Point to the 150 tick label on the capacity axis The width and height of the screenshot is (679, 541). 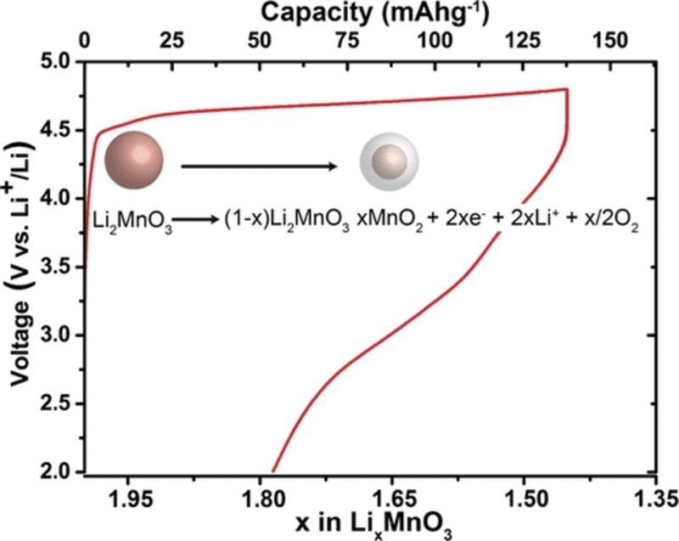[612, 40]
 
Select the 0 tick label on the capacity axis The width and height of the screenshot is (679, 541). [84, 40]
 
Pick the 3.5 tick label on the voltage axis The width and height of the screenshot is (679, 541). [55, 268]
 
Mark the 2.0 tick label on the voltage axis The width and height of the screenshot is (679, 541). [55, 472]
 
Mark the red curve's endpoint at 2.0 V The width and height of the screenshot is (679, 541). [272, 471]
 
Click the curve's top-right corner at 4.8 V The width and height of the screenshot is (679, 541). [566, 89]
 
